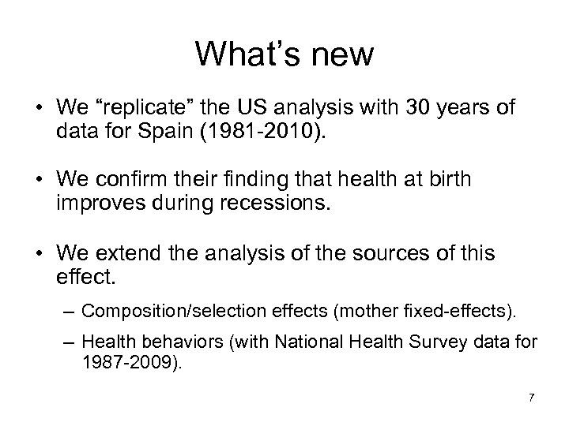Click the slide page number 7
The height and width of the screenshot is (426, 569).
tap(531, 397)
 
